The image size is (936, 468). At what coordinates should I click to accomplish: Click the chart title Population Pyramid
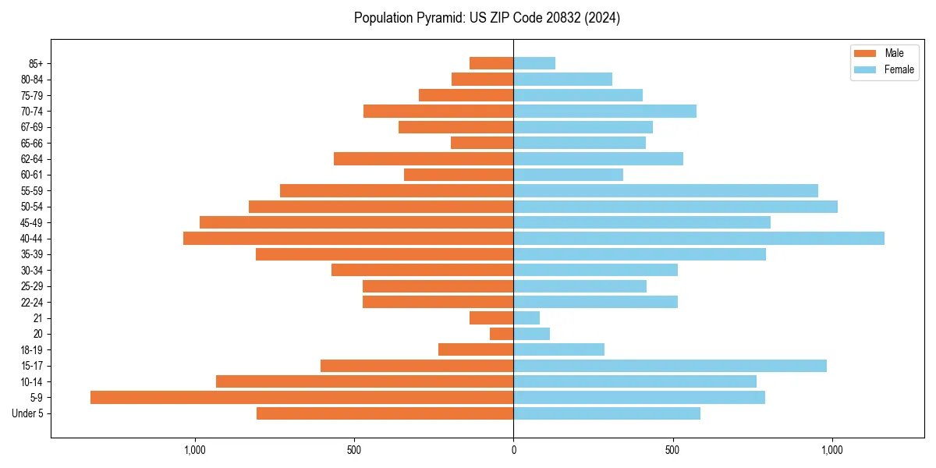point(487,18)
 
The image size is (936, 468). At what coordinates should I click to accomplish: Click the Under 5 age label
point(27,413)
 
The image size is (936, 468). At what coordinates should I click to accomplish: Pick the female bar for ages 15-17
point(670,366)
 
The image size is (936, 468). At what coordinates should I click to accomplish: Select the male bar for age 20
point(502,334)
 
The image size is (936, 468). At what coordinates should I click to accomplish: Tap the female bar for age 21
point(526,317)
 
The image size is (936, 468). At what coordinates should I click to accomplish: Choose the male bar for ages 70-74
point(438,111)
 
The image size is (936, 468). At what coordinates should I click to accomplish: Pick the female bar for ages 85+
point(534,63)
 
